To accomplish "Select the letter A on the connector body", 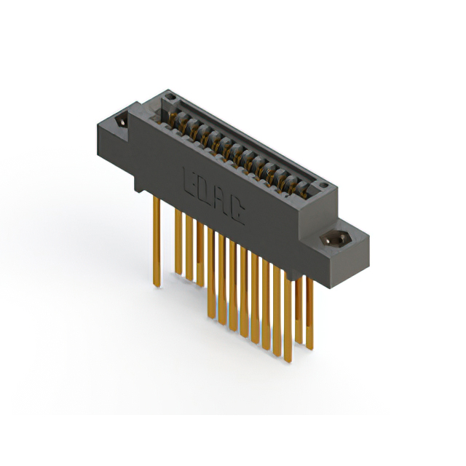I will (221, 202).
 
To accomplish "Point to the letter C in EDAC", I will (238, 212).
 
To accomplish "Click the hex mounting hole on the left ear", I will (121, 121).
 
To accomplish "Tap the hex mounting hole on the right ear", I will (337, 238).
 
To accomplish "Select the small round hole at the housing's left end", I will (169, 95).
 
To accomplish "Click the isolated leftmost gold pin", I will (157, 240).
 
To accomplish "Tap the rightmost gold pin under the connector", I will (309, 313).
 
